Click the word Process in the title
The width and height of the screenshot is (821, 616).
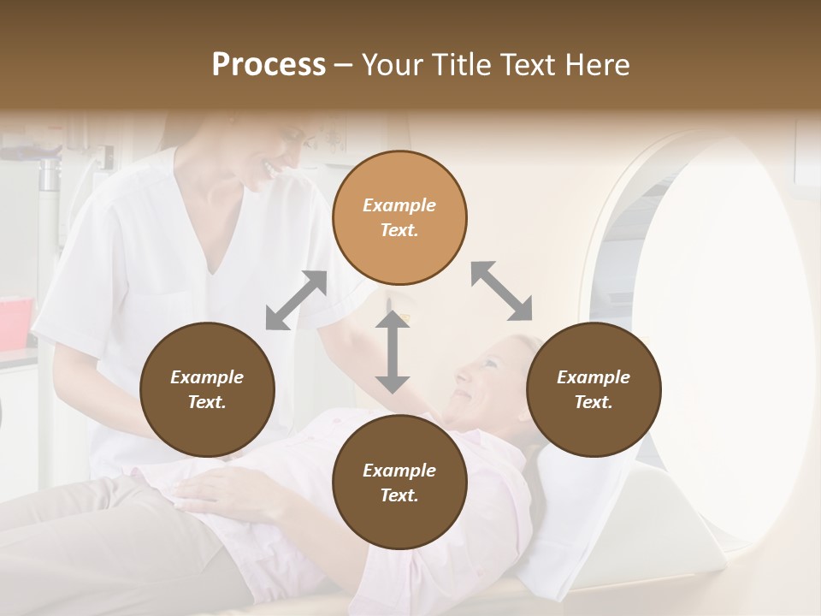[x=269, y=65]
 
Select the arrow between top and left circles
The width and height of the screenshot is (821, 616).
[x=296, y=300]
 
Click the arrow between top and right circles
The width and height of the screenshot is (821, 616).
[x=502, y=291]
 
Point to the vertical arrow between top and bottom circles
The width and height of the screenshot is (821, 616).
[x=393, y=352]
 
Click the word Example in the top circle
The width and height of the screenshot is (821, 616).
[x=399, y=205]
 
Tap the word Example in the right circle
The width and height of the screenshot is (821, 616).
[x=594, y=377]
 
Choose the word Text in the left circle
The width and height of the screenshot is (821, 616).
[x=206, y=402]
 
